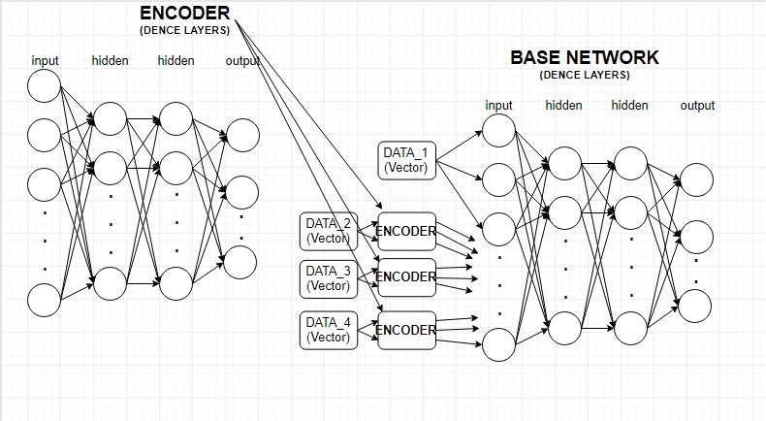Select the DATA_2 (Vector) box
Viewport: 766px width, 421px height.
pos(328,231)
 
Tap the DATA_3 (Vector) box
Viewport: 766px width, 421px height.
pos(328,277)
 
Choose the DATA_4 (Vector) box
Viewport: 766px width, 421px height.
pos(328,330)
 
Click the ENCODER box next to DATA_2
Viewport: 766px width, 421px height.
pos(406,231)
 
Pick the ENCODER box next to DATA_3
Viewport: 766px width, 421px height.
pos(406,276)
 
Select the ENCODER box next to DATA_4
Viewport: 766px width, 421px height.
pos(406,330)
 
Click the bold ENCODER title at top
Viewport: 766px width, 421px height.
pos(184,14)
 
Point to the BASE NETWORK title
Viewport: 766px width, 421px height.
pos(584,57)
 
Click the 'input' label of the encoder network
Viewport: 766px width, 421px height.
pos(45,60)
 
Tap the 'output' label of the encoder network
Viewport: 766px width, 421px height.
pos(241,60)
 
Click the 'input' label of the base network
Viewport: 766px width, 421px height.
pos(498,105)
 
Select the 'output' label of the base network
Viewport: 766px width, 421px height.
pos(697,105)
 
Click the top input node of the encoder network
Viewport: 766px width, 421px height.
pos(44,86)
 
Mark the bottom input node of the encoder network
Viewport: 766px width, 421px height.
pos(44,299)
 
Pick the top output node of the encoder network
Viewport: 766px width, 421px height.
pos(241,134)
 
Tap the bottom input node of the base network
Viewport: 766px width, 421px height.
pos(498,344)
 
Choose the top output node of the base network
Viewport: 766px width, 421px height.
pos(697,178)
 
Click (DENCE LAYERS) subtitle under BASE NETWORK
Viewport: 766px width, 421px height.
pos(584,75)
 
